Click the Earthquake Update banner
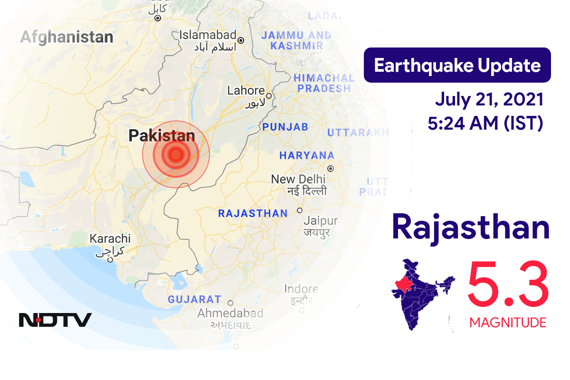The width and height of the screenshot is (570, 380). point(457,65)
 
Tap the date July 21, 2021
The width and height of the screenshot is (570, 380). point(489,100)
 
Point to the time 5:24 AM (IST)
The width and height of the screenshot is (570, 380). point(485,123)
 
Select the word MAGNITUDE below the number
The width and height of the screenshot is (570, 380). point(508,323)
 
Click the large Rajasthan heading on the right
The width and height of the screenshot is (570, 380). point(471,228)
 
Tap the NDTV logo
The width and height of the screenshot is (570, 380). point(55,320)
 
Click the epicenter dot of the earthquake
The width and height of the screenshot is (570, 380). point(176,154)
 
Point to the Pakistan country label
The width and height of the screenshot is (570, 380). point(161,136)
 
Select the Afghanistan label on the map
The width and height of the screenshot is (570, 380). point(66,37)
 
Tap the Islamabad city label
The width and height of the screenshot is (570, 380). point(208,35)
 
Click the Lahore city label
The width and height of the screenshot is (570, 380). point(246,91)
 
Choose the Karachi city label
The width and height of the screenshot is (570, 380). point(110,238)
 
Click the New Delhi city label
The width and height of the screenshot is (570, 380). point(298,180)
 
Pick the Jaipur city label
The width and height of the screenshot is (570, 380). point(321,221)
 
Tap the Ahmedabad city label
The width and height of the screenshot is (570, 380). point(230,313)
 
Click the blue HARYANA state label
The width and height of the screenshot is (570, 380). point(307,155)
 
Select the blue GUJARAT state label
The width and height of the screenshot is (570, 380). point(194,300)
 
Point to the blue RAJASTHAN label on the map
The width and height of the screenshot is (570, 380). point(253,214)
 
